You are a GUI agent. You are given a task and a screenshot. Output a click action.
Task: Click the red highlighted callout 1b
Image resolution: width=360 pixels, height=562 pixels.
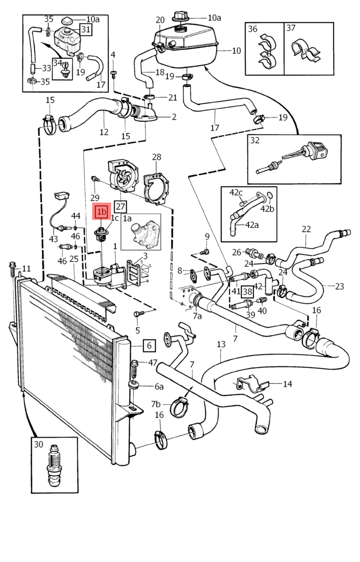point(101,211)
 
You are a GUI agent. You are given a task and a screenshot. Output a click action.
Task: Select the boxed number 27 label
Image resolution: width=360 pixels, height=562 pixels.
point(120,206)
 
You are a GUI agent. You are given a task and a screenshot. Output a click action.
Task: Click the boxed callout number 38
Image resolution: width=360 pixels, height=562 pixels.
point(247,292)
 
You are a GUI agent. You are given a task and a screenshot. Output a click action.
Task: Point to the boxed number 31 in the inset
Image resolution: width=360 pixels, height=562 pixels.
point(86,29)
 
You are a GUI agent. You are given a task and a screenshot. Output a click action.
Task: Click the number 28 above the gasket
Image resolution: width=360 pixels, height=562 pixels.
point(156,157)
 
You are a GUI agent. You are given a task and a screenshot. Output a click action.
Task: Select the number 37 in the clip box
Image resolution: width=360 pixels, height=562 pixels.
point(291,29)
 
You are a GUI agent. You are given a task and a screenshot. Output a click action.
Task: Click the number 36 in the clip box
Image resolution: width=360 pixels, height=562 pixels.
point(253,29)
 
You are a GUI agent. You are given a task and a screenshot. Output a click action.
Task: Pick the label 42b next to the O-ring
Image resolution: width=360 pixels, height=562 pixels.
point(268,209)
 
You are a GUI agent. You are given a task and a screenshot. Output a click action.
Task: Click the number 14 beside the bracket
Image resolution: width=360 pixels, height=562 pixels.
point(287,384)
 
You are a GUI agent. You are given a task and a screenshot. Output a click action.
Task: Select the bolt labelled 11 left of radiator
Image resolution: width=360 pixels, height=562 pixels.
point(12,268)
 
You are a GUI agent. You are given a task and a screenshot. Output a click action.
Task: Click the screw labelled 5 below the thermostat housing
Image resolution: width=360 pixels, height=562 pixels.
point(139,314)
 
